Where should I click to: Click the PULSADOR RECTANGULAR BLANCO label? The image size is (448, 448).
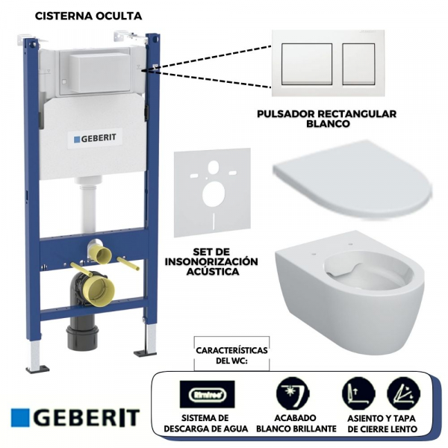click(x=326, y=119)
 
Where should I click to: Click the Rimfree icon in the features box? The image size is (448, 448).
click(x=207, y=393)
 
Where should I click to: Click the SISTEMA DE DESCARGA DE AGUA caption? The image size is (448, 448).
click(x=207, y=424)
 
